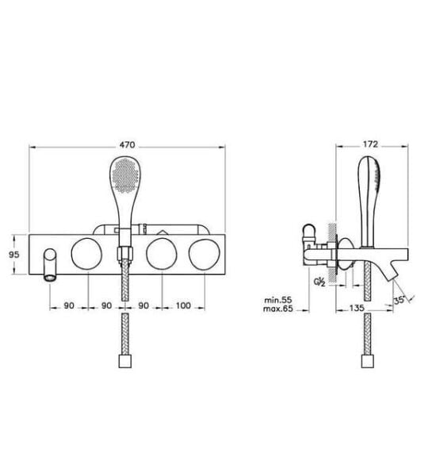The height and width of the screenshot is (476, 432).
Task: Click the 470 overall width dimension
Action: pyautogui.click(x=127, y=145)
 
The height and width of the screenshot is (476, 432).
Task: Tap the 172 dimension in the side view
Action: pyautogui.click(x=370, y=144)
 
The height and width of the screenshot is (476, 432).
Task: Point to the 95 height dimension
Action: pyautogui.click(x=13, y=255)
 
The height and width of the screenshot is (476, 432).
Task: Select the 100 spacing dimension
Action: pyautogui.click(x=183, y=305)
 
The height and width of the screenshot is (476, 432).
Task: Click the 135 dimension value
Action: pyautogui.click(x=357, y=308)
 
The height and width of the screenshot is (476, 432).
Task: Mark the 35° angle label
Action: pyautogui.click(x=400, y=300)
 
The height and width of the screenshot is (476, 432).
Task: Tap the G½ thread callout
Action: pyautogui.click(x=319, y=282)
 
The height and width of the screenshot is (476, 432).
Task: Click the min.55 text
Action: pyautogui.click(x=278, y=300)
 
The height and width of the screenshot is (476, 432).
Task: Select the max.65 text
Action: pyautogui.click(x=278, y=309)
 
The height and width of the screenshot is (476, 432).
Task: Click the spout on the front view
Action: pyautogui.click(x=51, y=265)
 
